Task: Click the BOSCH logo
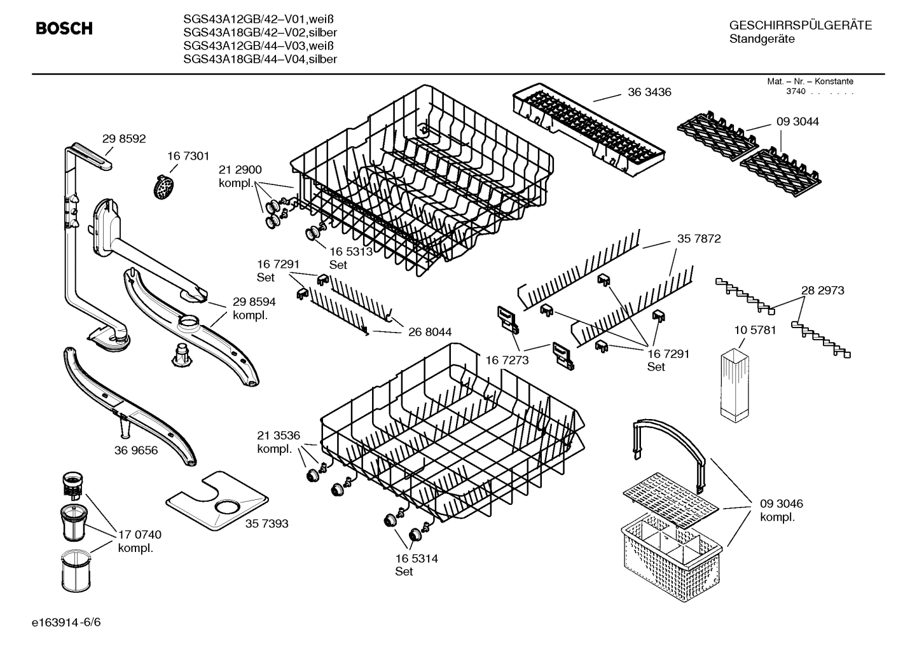pos(64,29)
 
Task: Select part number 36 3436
pos(649,92)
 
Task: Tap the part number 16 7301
pos(188,156)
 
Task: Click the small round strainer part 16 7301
pos(165,186)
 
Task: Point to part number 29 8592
pos(124,138)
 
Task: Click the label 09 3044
pos(797,121)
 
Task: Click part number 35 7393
pos(266,523)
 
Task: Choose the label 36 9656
pos(136,450)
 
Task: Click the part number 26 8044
pos(430,332)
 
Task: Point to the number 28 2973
pos(822,291)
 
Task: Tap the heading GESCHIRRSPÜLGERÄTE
pos(800,26)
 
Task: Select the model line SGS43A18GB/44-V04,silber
pos(259,59)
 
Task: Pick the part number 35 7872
pos(699,239)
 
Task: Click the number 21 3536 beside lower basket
pos(278,436)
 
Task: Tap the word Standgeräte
pos(761,39)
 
